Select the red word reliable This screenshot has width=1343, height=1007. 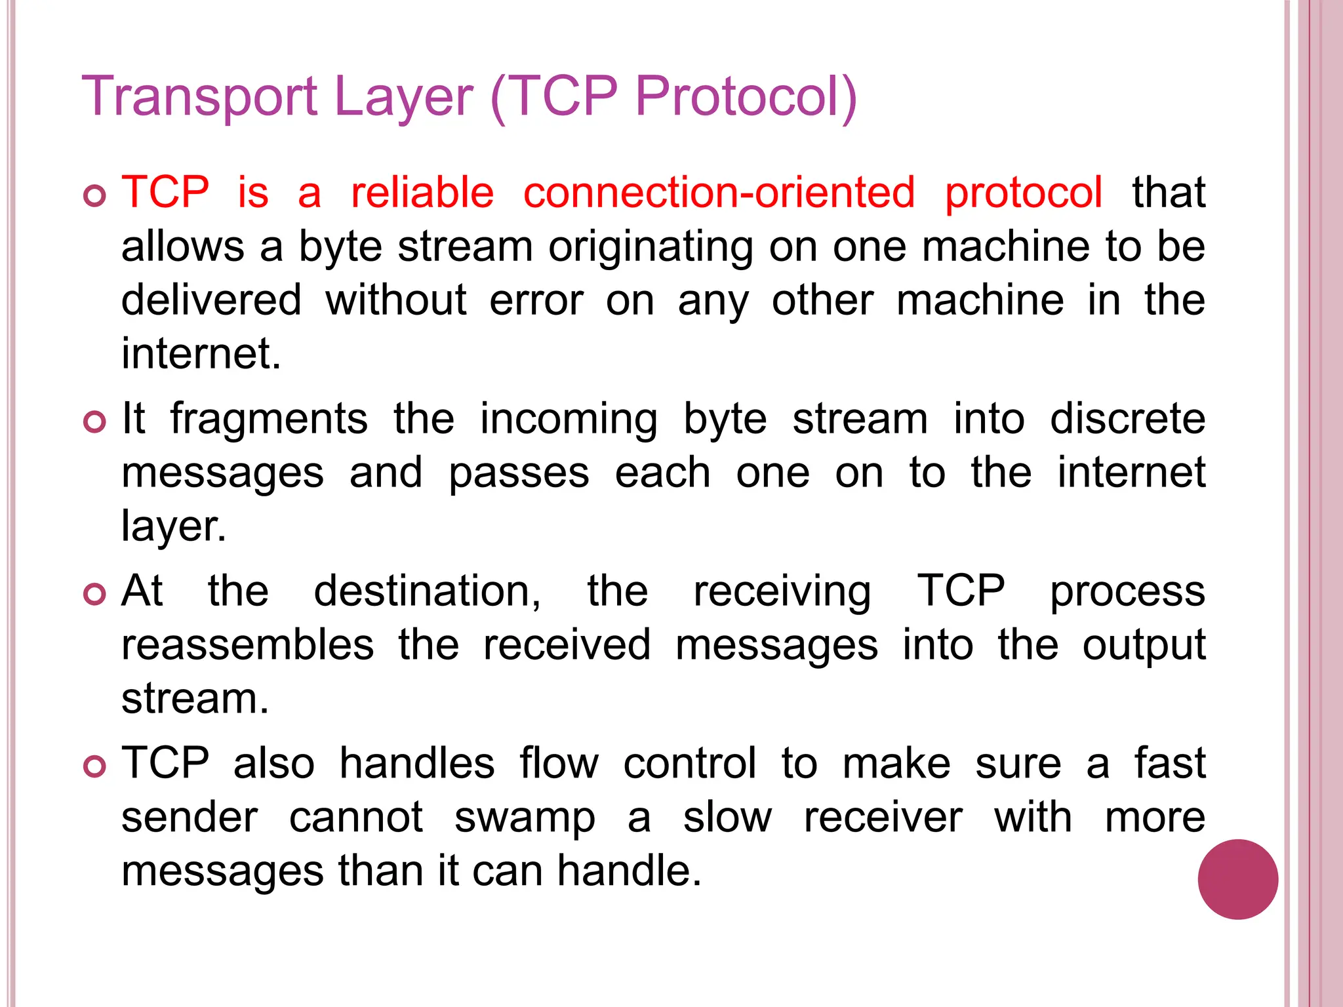(x=422, y=193)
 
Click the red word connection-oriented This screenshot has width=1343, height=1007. (x=719, y=193)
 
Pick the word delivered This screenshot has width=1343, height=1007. (x=212, y=300)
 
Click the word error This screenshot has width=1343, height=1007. (x=536, y=300)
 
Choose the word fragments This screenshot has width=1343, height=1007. (x=269, y=420)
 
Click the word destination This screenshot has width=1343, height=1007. (x=427, y=591)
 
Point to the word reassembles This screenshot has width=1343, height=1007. (x=248, y=645)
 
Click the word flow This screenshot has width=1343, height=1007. (x=559, y=764)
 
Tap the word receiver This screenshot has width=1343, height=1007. (x=883, y=818)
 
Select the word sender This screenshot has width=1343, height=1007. (x=190, y=818)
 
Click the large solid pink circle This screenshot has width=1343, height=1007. (x=1237, y=879)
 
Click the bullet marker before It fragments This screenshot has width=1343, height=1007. (x=95, y=422)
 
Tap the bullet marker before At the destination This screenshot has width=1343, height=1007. (x=95, y=594)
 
